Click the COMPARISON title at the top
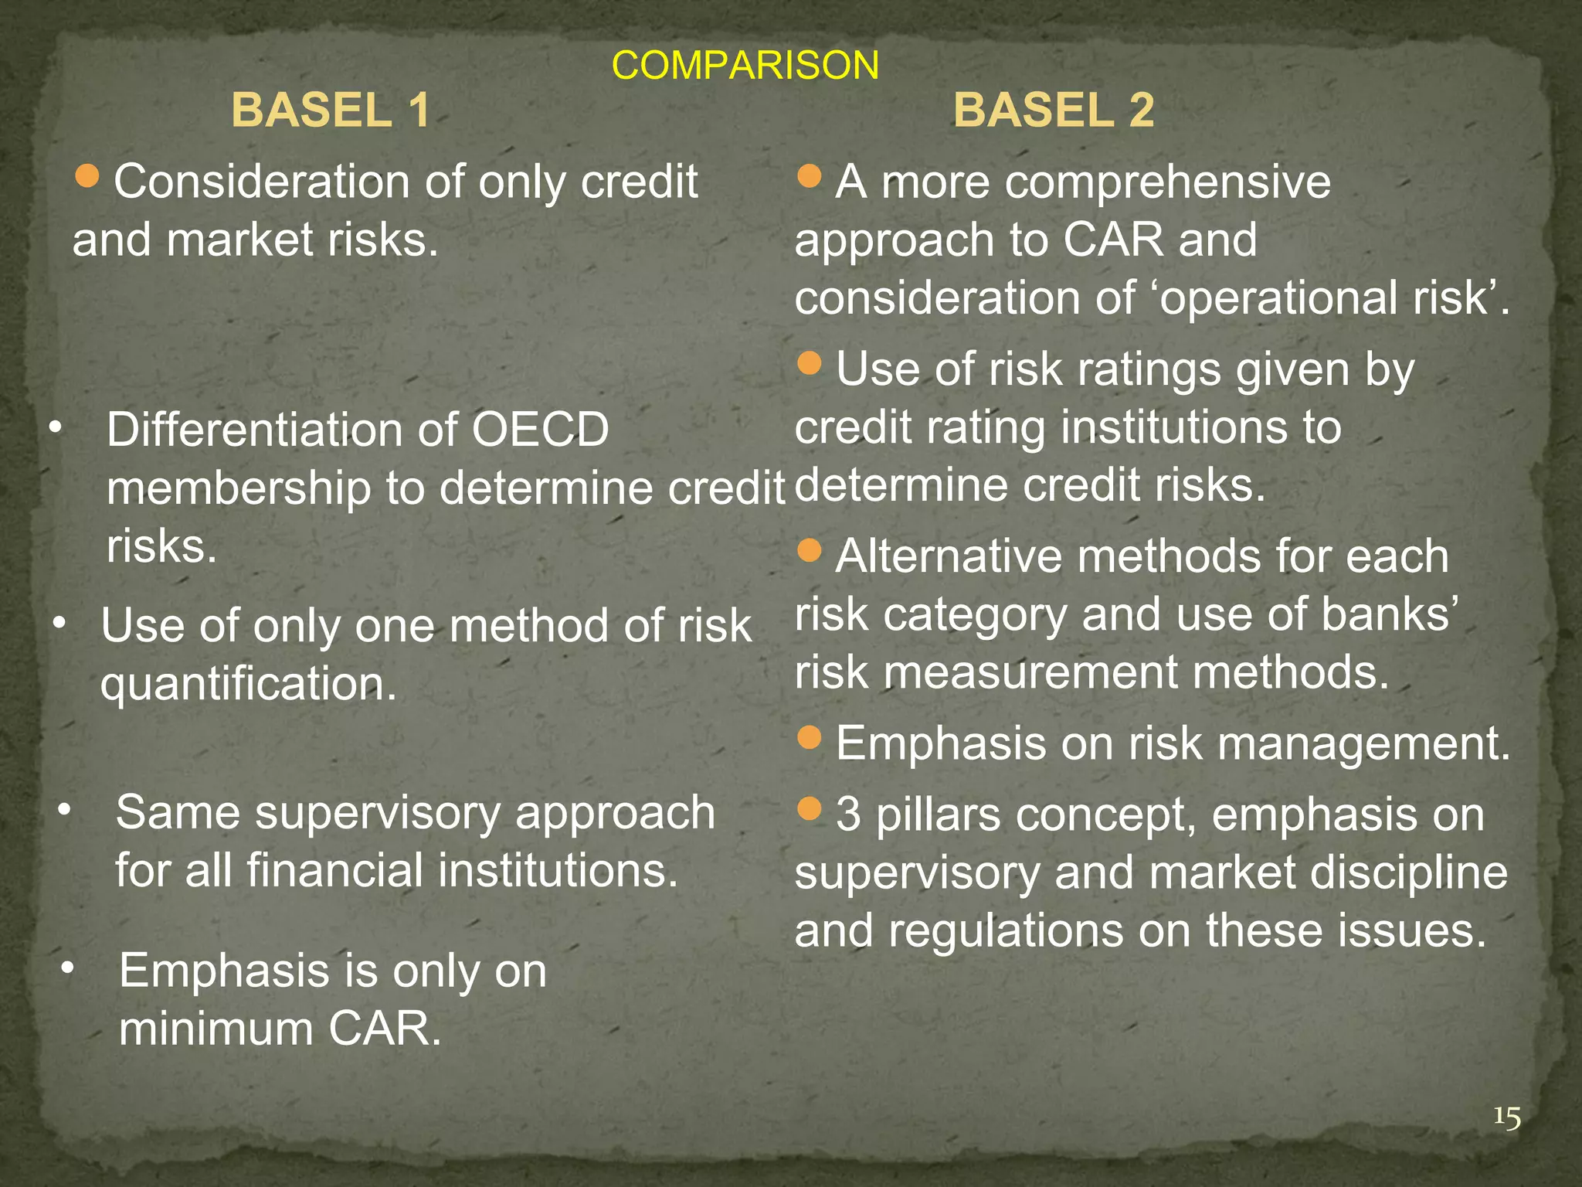point(745,65)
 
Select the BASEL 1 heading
point(331,110)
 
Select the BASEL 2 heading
point(1054,110)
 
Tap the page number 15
point(1506,1117)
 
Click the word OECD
point(540,430)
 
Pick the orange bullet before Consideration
point(88,177)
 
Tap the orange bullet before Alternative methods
point(809,550)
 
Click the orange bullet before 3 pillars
point(809,809)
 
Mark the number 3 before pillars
point(848,815)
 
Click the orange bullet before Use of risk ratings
point(809,363)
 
